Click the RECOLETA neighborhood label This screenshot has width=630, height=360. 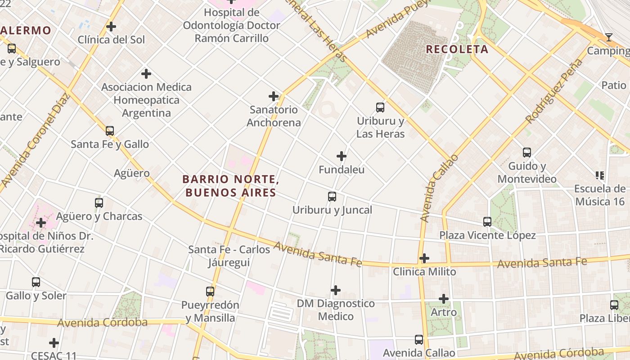click(x=457, y=49)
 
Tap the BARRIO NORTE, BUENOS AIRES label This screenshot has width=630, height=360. click(x=230, y=186)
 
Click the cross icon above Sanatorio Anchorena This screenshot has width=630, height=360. click(x=274, y=96)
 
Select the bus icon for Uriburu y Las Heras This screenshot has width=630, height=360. click(x=380, y=108)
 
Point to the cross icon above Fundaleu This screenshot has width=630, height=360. click(x=342, y=157)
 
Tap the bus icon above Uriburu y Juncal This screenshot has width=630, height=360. click(x=332, y=197)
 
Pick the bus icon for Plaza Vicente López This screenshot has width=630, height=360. click(x=487, y=222)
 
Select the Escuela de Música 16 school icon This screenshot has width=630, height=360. click(x=599, y=175)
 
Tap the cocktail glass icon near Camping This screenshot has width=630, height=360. click(x=609, y=37)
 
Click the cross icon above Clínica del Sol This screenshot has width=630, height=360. click(x=111, y=27)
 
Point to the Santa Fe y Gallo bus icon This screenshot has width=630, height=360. click(x=110, y=131)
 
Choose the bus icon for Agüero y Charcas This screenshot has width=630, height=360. click(x=99, y=203)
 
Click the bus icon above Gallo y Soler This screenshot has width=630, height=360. click(x=36, y=282)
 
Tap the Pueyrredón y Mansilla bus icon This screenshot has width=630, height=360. click(x=210, y=292)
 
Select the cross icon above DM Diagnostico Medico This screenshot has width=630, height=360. click(x=336, y=290)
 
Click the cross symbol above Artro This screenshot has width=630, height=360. click(x=444, y=299)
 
